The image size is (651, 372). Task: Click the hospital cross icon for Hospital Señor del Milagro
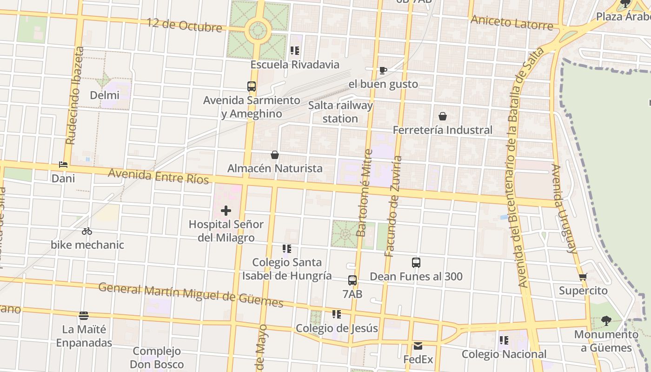(226, 211)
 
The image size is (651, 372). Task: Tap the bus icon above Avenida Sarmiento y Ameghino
(252, 86)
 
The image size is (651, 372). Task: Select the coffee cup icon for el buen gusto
(383, 71)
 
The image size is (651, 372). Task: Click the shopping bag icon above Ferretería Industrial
(443, 116)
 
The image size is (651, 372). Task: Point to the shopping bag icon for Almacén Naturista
(275, 155)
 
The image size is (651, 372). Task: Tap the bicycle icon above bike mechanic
(87, 231)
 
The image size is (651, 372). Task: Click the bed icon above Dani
(63, 165)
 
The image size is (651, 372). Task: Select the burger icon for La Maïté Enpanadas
(84, 316)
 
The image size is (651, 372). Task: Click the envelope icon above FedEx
(418, 346)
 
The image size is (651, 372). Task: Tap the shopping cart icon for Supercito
(583, 277)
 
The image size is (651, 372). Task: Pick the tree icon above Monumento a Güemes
(605, 320)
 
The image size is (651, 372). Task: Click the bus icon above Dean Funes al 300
(416, 263)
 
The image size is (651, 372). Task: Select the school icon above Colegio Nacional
(504, 340)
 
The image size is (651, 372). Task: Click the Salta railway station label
(340, 112)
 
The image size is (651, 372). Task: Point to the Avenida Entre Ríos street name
(159, 176)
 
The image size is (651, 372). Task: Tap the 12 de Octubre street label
(185, 25)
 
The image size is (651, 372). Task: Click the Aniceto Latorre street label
(511, 22)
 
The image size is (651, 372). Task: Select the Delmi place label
(105, 95)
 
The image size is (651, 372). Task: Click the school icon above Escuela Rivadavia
(295, 51)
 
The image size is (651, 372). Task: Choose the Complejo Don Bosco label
(157, 358)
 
